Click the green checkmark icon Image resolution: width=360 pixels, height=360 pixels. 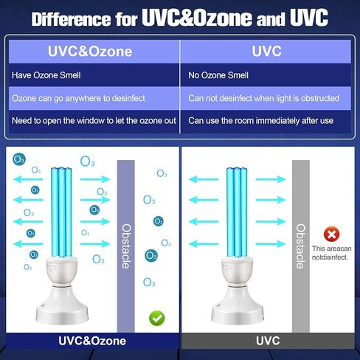156,318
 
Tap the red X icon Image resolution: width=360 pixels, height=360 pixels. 332,235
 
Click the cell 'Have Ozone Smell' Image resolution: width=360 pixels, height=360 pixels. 45,75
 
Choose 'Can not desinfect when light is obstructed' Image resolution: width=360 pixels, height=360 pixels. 264,98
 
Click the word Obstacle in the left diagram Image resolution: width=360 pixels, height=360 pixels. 125,246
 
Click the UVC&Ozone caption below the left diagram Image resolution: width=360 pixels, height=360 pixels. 93,341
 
